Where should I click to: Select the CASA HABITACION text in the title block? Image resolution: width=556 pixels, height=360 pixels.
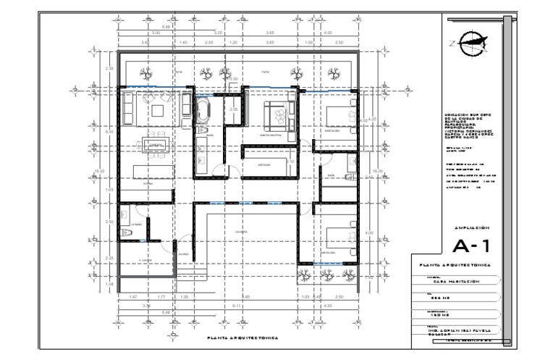(450, 282)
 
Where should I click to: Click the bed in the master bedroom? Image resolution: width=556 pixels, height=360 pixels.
(275, 113)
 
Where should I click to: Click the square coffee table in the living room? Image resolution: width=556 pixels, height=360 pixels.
(157, 109)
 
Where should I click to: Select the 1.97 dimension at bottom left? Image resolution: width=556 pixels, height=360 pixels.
(132, 297)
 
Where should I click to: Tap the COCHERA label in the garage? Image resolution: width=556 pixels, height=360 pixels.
(241, 232)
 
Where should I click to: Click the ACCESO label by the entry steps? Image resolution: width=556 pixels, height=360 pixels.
(183, 254)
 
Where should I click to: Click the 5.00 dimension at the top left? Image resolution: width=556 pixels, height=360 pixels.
(155, 33)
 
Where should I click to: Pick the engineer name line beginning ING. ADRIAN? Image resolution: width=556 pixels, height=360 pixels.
(460, 331)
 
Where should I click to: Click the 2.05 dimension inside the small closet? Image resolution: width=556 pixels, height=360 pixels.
(233, 109)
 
